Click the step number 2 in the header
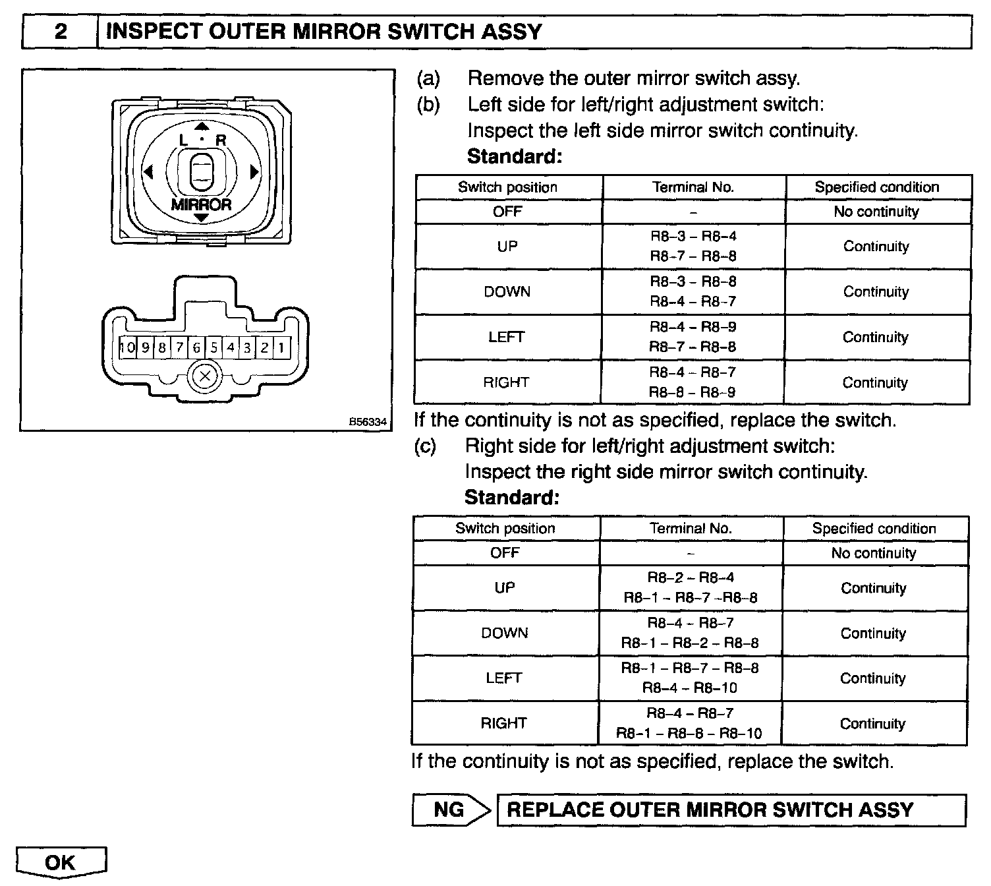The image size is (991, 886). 60,32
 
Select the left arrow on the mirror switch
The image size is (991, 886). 148,172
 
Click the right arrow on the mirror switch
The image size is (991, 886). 254,173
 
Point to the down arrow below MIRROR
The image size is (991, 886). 202,218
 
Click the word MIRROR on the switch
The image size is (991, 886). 202,204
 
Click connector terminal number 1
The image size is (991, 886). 281,347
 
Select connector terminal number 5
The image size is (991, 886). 213,347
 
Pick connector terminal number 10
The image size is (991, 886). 127,347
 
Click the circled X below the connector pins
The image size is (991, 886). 205,377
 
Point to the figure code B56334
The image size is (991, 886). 368,422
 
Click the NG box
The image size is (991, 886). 449,810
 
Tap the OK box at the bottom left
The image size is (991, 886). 61,862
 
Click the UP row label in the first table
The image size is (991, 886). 507,247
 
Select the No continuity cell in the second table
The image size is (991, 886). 874,553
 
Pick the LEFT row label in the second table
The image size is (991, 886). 504,678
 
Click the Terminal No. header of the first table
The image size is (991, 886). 693,187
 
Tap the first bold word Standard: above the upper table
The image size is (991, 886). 515,157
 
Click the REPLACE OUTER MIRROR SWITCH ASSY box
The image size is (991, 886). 730,810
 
